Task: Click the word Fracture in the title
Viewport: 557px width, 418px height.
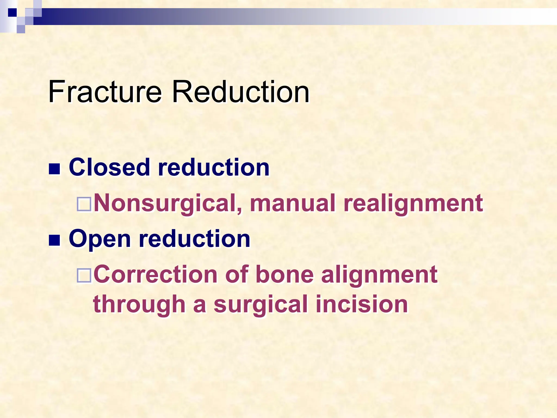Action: [x=105, y=92]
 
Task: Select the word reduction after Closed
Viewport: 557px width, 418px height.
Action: [x=214, y=167]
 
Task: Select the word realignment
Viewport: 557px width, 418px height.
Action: [x=413, y=203]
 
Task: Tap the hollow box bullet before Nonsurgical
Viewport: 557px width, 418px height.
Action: [x=84, y=205]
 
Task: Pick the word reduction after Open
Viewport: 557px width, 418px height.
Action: [x=194, y=238]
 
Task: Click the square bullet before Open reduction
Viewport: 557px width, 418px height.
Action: [x=54, y=240]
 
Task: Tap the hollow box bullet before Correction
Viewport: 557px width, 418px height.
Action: [x=84, y=276]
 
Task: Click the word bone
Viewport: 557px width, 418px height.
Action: [x=284, y=274]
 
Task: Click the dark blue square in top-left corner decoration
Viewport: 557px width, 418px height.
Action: [x=12, y=13]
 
